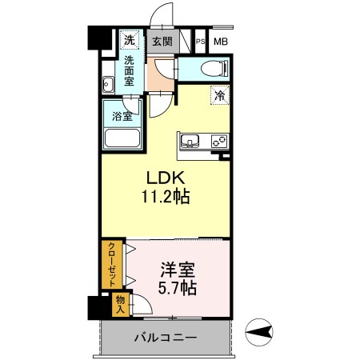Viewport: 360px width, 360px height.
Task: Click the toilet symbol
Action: pyautogui.click(x=214, y=69)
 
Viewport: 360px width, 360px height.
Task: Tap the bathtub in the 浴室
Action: pyautogui.click(x=122, y=138)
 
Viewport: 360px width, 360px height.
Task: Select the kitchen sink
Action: pyautogui.click(x=190, y=141)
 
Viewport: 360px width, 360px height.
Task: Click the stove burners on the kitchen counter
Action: pyautogui.click(x=219, y=141)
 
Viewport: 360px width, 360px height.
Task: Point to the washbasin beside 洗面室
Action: pyautogui.click(x=108, y=85)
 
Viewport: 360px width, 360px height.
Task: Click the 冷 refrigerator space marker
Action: pyautogui.click(x=220, y=95)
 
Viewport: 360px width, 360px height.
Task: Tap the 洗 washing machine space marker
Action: pyautogui.click(x=130, y=40)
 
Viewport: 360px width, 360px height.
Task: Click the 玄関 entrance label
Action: pyautogui.click(x=162, y=42)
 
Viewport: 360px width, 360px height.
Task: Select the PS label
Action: pyautogui.click(x=201, y=42)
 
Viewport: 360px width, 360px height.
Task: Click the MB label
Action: pyautogui.click(x=221, y=42)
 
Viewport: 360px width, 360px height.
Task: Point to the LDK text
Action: pyautogui.click(x=166, y=178)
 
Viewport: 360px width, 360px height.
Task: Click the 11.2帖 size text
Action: pyautogui.click(x=166, y=197)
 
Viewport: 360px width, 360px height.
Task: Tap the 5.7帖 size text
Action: pyautogui.click(x=178, y=288)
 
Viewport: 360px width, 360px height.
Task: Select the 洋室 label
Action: pyautogui.click(x=178, y=270)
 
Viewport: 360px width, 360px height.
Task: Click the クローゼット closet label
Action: pyautogui.click(x=112, y=264)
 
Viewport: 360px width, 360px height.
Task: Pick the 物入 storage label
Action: pyautogui.click(x=120, y=305)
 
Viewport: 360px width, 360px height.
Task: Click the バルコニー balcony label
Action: pyautogui.click(x=166, y=338)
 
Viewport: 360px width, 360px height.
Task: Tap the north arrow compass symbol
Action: pyautogui.click(x=259, y=332)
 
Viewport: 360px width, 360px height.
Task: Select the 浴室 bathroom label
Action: pyautogui.click(x=122, y=116)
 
